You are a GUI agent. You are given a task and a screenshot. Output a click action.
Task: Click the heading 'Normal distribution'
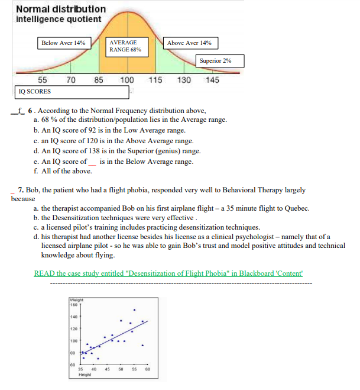(61, 9)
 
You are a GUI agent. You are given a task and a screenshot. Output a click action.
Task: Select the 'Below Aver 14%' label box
(63, 43)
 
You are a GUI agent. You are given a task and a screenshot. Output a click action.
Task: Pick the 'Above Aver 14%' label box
(189, 43)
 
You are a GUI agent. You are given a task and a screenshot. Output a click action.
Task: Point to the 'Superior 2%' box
(219, 61)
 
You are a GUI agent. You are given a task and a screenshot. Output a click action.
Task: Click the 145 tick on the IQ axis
(212, 80)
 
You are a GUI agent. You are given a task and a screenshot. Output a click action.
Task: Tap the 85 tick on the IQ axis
(99, 80)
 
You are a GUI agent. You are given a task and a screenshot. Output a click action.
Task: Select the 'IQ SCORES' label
(35, 92)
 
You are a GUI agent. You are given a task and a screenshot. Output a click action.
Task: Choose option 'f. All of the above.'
(63, 171)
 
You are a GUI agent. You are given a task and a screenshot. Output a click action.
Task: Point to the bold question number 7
(21, 191)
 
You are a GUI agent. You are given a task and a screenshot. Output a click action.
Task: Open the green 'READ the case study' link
(168, 273)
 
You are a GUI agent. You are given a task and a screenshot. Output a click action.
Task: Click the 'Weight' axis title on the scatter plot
(76, 300)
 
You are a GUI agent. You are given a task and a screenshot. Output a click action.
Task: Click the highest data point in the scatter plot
(134, 310)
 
